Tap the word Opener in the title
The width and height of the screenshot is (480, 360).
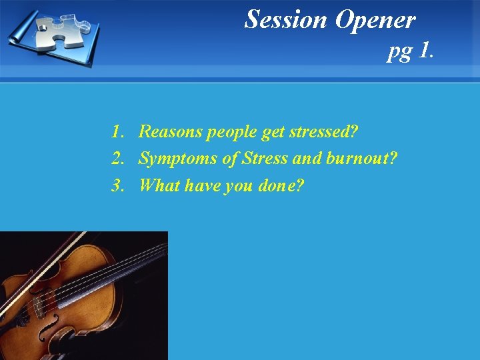pyautogui.click(x=375, y=20)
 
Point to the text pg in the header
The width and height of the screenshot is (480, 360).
pyautogui.click(x=399, y=52)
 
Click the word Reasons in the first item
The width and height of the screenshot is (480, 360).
pyautogui.click(x=170, y=132)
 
